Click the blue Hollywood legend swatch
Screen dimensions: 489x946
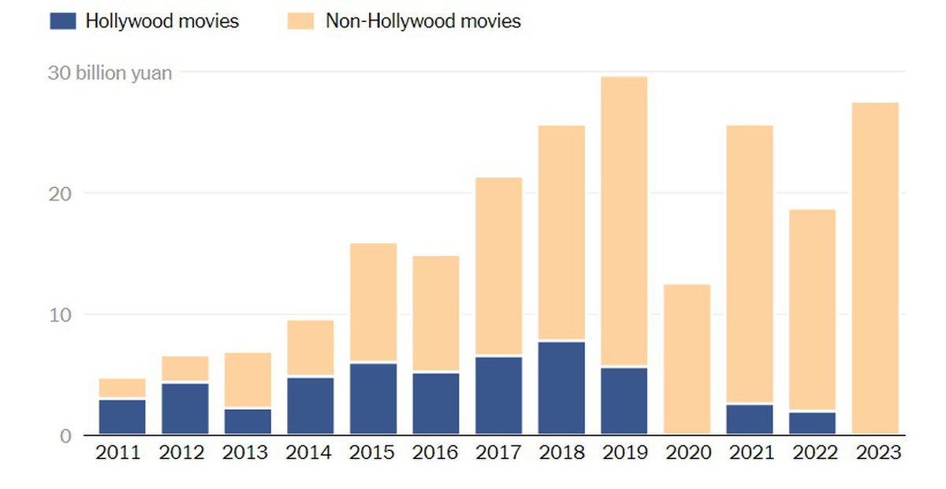coord(62,21)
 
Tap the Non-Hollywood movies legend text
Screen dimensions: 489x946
coord(423,21)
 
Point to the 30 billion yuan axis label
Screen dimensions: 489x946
coord(110,74)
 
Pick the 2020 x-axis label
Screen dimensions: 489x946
coord(687,454)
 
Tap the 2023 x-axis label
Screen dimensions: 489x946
coord(875,454)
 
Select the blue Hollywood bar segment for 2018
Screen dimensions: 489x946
coord(561,387)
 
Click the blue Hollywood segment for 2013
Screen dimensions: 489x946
coord(248,421)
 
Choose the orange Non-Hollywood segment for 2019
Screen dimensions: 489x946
coord(624,221)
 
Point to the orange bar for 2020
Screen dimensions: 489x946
coord(687,359)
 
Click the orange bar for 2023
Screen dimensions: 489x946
coord(875,268)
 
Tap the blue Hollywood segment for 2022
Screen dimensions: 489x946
coord(812,423)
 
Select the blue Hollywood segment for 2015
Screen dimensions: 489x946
coord(373,398)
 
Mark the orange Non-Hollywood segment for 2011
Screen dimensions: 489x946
coord(122,388)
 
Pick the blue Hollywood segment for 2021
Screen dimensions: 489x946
coord(750,419)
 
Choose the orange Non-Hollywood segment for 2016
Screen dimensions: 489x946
coord(435,313)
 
